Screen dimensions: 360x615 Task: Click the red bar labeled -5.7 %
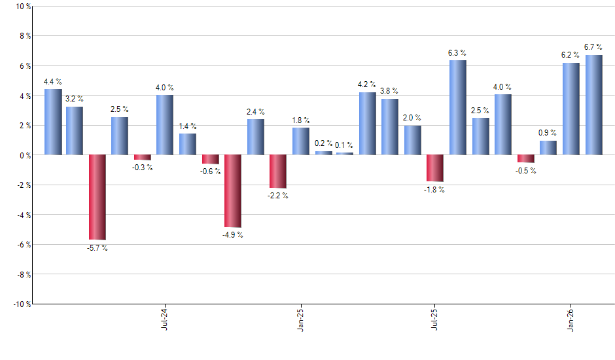tap(97, 197)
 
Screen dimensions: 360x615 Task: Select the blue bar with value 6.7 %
tap(593, 105)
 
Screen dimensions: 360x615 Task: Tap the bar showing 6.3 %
tap(458, 108)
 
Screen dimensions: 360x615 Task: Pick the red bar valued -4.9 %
tap(233, 191)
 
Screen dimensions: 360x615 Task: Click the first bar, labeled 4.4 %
tap(53, 122)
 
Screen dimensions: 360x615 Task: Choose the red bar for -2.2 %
tap(278, 171)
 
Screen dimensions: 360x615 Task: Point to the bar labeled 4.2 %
tap(368, 124)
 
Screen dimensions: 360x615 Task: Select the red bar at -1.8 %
tap(435, 168)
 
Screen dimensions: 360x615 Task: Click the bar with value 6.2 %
tap(571, 109)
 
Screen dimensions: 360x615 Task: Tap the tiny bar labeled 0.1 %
tap(345, 154)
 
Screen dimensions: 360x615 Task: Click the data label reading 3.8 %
tap(389, 91)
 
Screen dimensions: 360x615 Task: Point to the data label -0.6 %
tap(210, 171)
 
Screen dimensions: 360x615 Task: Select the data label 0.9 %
tap(548, 133)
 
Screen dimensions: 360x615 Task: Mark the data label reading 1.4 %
tap(188, 126)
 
